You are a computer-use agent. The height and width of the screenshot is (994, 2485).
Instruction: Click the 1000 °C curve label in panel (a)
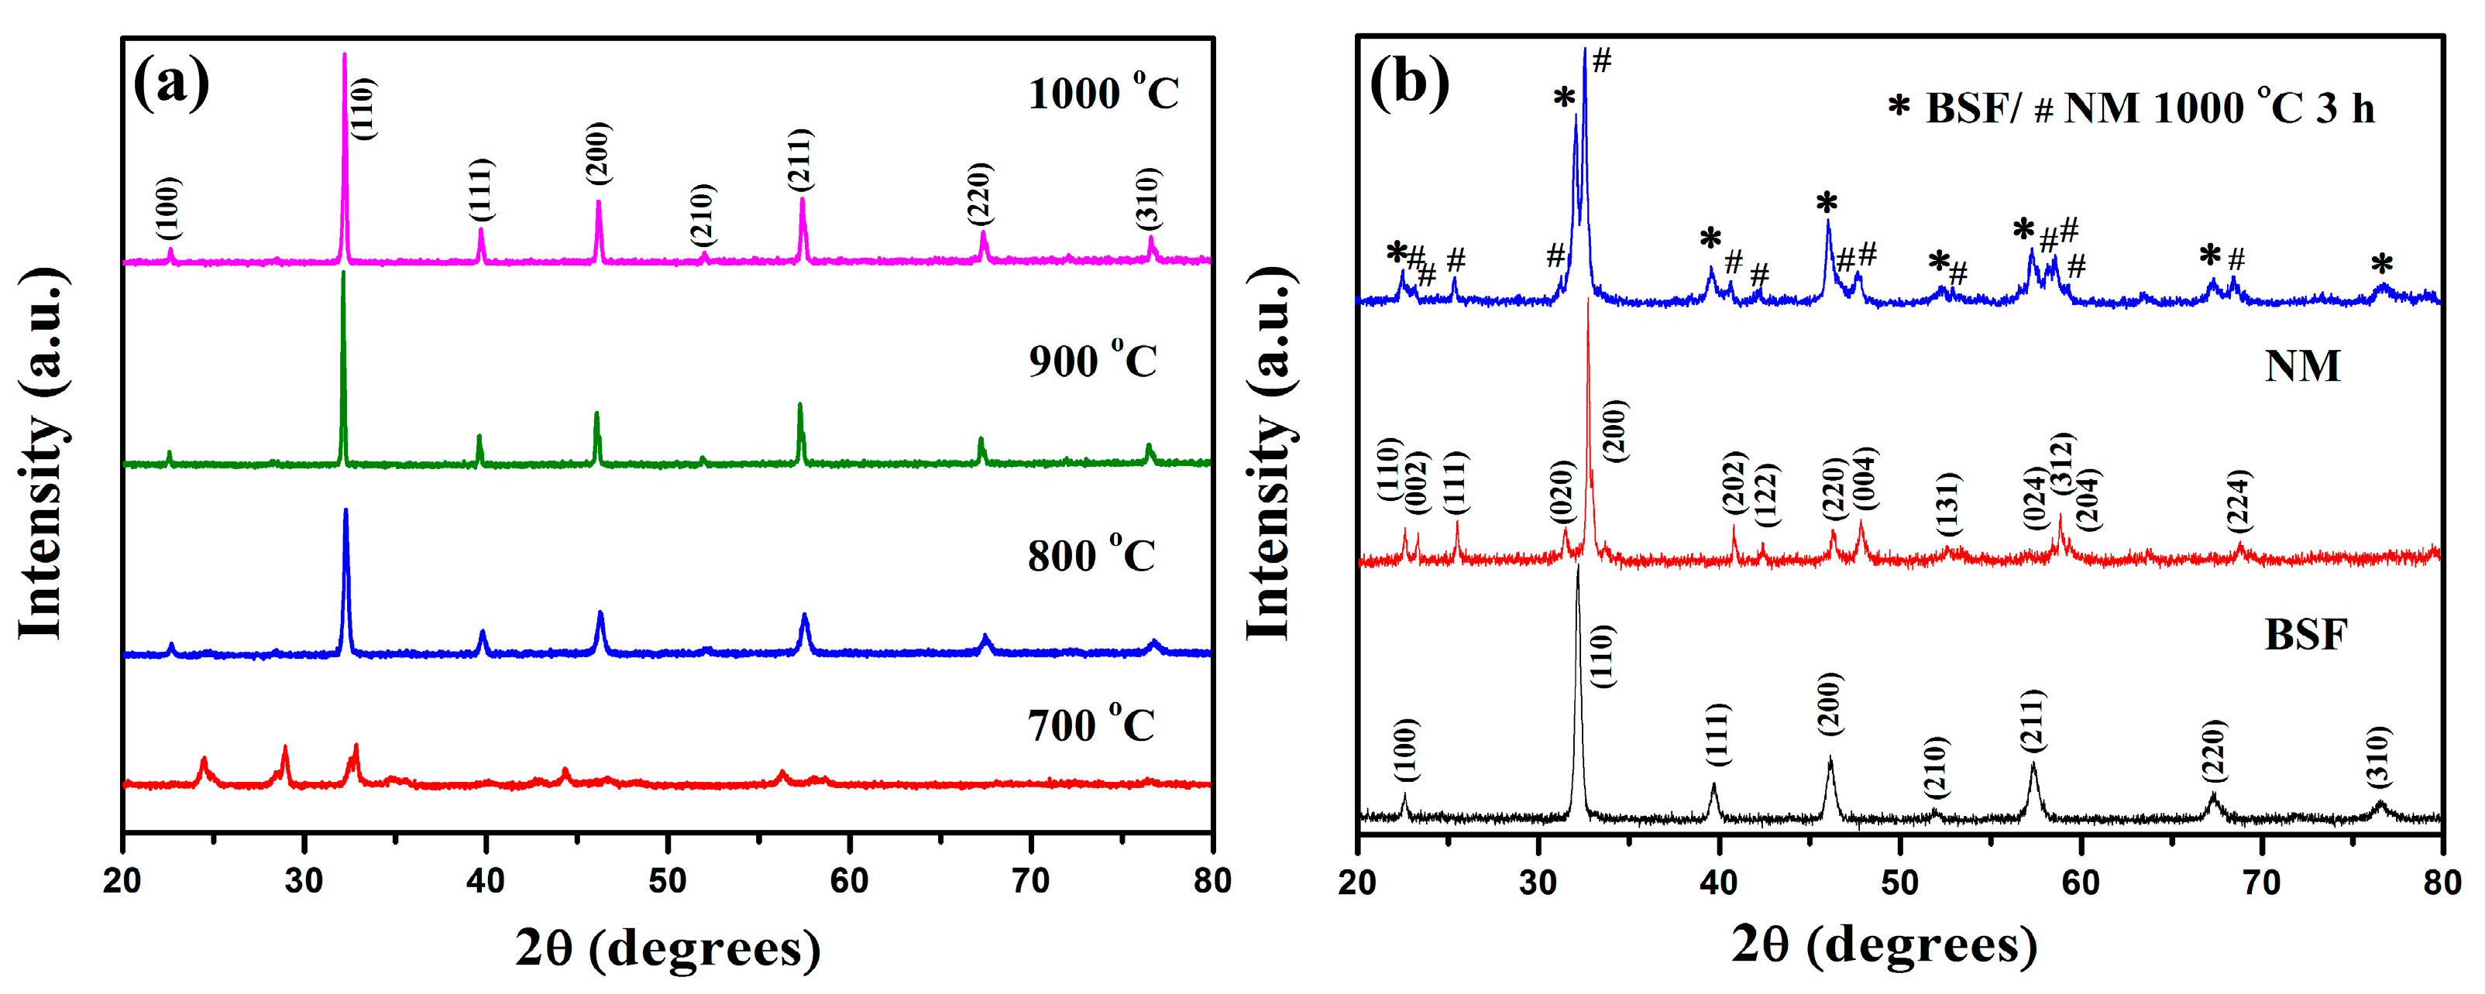pyautogui.click(x=1102, y=94)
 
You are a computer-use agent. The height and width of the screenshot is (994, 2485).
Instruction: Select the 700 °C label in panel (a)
pyautogui.click(x=1090, y=725)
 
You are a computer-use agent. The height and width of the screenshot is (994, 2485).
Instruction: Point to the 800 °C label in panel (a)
pyautogui.click(x=1090, y=555)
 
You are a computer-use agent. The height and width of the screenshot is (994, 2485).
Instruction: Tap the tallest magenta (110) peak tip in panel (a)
pyautogui.click(x=345, y=55)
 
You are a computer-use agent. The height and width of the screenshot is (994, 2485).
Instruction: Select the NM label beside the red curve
pyautogui.click(x=2301, y=366)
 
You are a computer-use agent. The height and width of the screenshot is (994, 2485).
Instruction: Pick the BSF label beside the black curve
pyautogui.click(x=2305, y=634)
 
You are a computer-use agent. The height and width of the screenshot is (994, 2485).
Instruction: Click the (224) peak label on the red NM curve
pyautogui.click(x=2238, y=499)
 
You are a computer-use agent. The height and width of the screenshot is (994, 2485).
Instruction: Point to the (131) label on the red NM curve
pyautogui.click(x=1947, y=503)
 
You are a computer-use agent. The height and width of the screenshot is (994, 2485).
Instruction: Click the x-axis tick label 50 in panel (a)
pyautogui.click(x=667, y=880)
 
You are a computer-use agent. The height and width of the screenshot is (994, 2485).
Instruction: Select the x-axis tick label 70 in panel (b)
pyautogui.click(x=2261, y=881)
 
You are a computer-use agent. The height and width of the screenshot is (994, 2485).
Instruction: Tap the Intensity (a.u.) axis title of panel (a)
pyautogui.click(x=43, y=453)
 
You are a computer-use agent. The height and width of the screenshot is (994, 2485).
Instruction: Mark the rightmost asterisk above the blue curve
pyautogui.click(x=2382, y=264)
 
